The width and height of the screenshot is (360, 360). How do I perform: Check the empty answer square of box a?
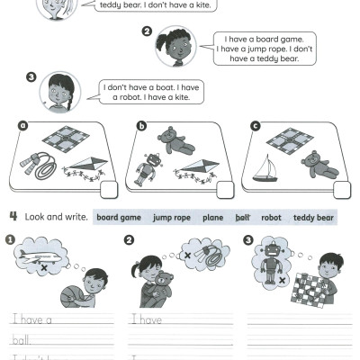coord(109,189)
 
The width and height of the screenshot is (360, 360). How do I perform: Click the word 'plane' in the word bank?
coord(213,218)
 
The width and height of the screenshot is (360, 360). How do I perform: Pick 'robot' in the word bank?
coord(271,218)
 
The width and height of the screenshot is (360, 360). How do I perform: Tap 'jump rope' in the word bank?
coord(173,218)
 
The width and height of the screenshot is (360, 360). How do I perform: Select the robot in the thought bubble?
coord(271,257)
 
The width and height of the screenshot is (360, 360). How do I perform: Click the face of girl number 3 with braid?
coord(58,93)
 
